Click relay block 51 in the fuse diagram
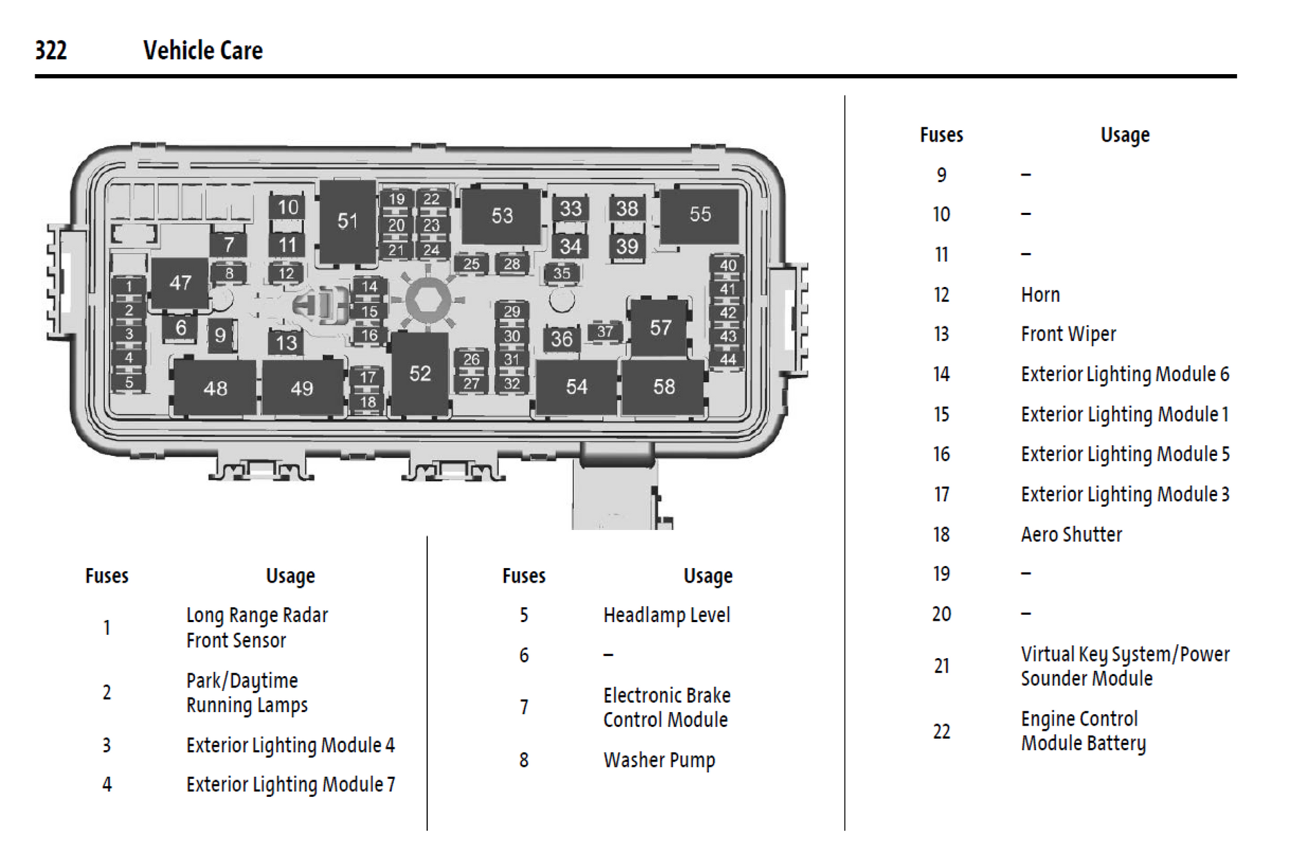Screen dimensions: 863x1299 point(347,221)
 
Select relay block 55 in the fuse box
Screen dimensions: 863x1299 point(700,214)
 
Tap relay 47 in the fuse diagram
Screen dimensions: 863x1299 point(180,283)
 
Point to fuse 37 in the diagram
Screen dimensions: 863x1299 point(605,331)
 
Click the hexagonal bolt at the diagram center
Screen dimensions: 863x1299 point(427,300)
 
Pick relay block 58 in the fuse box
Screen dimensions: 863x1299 point(664,387)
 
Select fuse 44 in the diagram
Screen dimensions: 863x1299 point(728,360)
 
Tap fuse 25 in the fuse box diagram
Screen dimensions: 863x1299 point(471,264)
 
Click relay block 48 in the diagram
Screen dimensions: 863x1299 point(215,388)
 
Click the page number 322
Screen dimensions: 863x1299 point(51,51)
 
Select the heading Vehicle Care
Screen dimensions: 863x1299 point(203,51)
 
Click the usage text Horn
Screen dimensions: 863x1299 point(1040,294)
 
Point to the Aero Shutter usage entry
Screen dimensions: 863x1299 point(1071,534)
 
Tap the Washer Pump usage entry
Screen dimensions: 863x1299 point(659,760)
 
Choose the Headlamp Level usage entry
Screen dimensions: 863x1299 point(666,615)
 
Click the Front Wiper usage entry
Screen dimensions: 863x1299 point(1068,334)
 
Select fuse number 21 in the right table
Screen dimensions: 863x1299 point(941,665)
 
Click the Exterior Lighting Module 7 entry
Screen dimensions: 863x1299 point(290,784)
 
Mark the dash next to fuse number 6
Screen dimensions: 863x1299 point(608,655)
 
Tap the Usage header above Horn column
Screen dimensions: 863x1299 point(1125,135)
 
